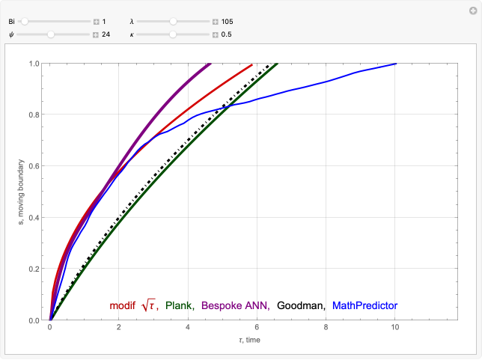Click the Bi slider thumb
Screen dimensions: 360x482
(x=25, y=22)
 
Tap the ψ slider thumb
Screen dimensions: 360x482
(x=51, y=34)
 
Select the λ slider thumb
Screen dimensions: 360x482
(x=174, y=22)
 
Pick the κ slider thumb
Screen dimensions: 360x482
(x=173, y=34)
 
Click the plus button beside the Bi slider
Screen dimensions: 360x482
(x=96, y=22)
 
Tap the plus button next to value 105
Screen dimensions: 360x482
(x=215, y=22)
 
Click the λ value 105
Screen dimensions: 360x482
(x=228, y=22)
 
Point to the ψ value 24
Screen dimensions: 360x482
(x=106, y=34)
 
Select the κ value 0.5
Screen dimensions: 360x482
(x=228, y=34)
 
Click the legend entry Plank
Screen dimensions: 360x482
(x=180, y=305)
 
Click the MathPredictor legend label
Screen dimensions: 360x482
(x=364, y=305)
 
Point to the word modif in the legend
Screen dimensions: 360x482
(x=123, y=305)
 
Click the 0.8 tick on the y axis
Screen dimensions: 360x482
(x=34, y=115)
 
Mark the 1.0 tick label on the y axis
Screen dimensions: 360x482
(x=34, y=63)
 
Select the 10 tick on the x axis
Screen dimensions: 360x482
(x=396, y=328)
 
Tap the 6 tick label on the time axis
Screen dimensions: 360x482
(x=257, y=328)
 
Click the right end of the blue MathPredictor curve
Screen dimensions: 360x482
(x=395, y=64)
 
